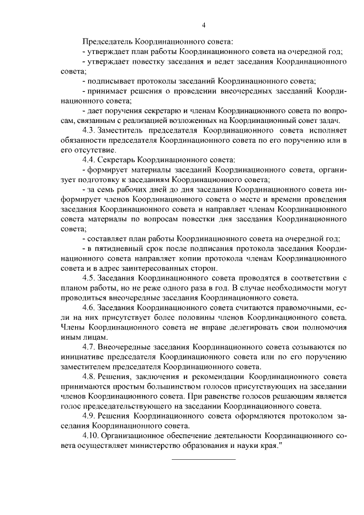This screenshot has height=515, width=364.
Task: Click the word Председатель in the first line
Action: coord(107,42)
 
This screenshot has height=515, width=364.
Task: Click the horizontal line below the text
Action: coord(203,459)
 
